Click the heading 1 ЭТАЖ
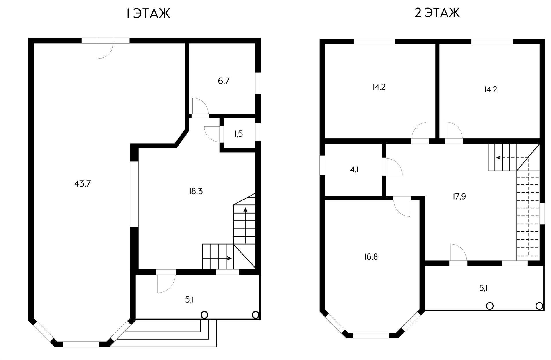coord(148,13)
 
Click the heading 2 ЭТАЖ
coord(437,13)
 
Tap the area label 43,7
coord(83,184)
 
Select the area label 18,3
coord(196,191)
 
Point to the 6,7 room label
coord(224,81)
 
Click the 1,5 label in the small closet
coord(238,134)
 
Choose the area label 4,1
coord(354,170)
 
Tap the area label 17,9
coord(459,197)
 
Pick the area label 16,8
coord(371,257)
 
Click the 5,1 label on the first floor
coord(189,300)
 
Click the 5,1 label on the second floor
coord(483,288)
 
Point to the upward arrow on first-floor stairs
coord(245,225)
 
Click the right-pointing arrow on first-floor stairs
coord(217,258)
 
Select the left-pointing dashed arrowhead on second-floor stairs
coord(498,158)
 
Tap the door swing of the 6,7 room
coord(200,106)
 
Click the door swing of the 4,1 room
coord(394,167)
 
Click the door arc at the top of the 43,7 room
coord(105,51)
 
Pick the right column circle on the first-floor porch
coord(255,315)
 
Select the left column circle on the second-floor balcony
coord(490,306)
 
